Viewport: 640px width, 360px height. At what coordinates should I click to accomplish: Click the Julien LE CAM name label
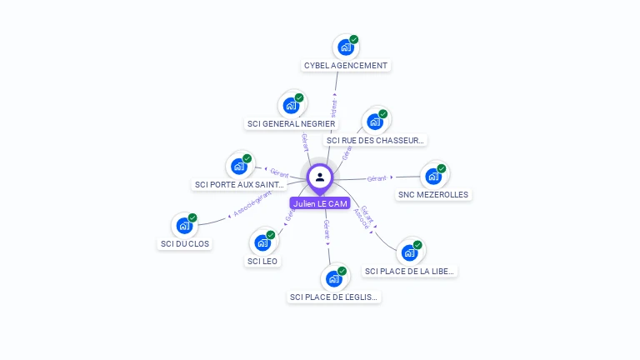coord(320,203)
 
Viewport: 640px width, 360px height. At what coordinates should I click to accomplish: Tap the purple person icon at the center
coord(320,177)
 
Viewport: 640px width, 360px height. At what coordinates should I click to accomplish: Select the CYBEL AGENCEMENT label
coord(346,65)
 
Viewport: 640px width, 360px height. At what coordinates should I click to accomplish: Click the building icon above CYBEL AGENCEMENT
coord(346,47)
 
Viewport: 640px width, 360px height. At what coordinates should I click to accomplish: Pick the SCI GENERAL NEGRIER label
coord(292,123)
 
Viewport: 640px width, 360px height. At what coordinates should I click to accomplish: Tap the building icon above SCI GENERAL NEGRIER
coord(292,106)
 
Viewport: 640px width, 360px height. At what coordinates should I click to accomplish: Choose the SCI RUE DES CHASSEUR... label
coord(376,140)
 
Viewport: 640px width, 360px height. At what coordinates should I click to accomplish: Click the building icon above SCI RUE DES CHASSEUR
coord(375,122)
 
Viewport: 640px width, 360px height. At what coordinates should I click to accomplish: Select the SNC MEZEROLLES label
coord(433,194)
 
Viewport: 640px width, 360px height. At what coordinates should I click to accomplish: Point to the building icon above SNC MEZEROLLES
coord(433,176)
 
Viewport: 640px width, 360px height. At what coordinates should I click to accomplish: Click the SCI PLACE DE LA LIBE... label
coord(410,271)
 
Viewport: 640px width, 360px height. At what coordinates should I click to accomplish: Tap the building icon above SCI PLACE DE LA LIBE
coord(409,252)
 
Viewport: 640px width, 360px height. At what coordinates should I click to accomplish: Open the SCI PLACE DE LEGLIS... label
coord(333,297)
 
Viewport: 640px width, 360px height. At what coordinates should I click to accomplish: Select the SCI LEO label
coord(263,261)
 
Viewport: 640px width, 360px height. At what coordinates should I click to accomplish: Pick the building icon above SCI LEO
coord(263,242)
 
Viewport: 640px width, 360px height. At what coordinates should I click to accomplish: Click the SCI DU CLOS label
coord(185,243)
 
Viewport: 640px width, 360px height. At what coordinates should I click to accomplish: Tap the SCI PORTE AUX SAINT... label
coord(240,184)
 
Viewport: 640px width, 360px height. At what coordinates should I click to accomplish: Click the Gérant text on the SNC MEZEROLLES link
coord(377,178)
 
